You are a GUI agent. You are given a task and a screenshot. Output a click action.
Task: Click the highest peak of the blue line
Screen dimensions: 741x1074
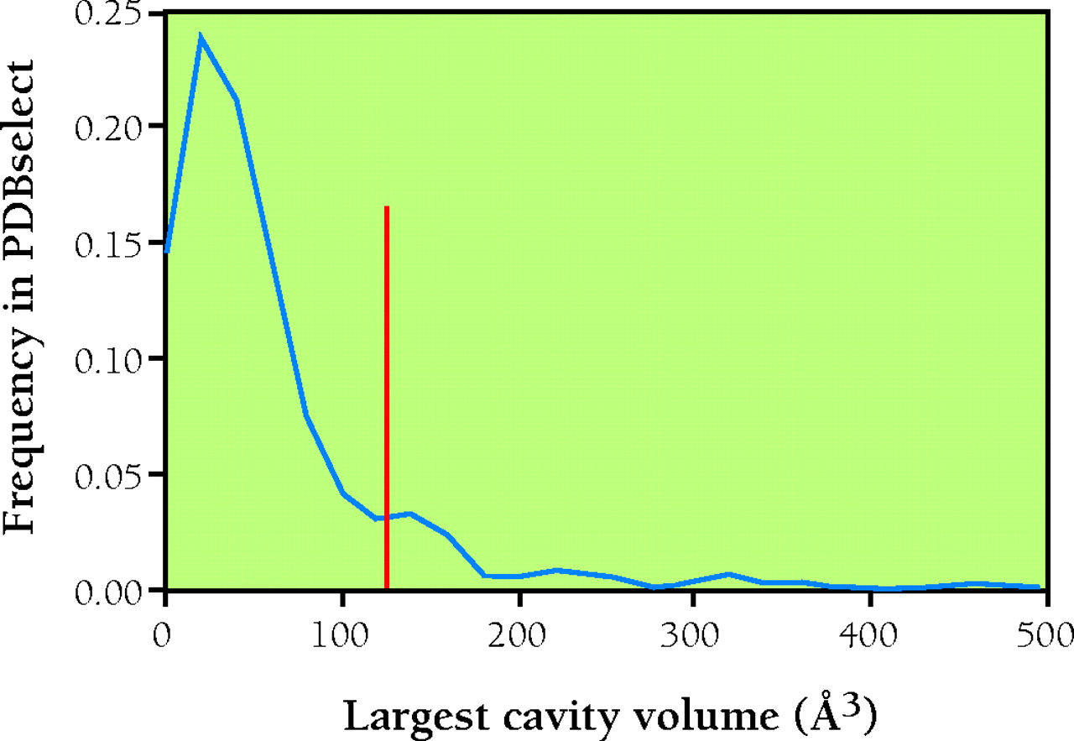tap(200, 35)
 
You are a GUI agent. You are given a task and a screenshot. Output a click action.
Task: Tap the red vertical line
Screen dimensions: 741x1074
tap(386, 394)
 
